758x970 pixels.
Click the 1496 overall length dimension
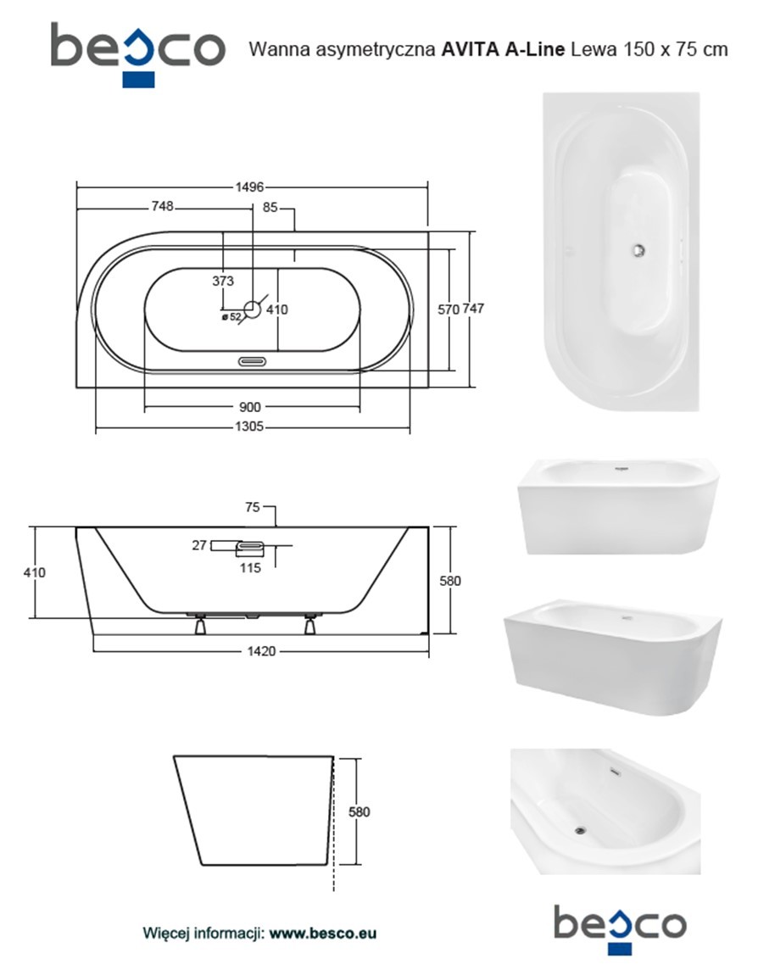point(249,187)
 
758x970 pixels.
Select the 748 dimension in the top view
point(162,207)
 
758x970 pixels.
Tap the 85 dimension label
point(270,208)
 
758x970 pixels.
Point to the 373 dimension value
point(223,281)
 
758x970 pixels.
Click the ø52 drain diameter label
point(231,317)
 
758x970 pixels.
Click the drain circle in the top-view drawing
point(253,309)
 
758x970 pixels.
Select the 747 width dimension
point(473,308)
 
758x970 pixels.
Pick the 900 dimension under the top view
point(249,407)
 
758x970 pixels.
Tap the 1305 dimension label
point(249,426)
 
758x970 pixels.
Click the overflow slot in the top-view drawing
point(253,360)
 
